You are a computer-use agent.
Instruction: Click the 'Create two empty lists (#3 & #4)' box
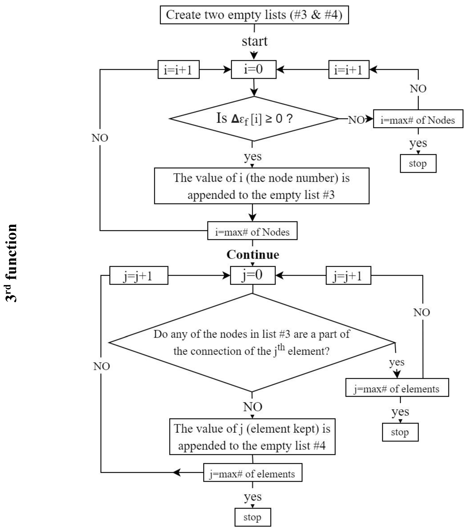pos(254,15)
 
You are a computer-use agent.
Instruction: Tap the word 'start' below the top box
pos(254,41)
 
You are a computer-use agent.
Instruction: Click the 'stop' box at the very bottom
pos(252,517)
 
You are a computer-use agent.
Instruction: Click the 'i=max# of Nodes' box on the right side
pos(418,119)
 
